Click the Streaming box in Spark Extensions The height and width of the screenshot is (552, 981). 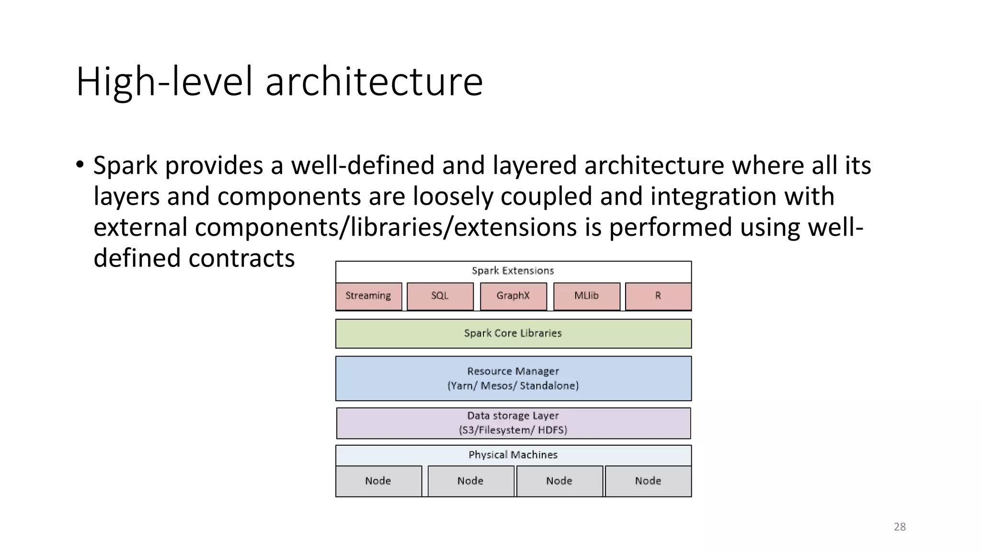point(368,296)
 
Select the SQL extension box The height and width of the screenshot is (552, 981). point(440,296)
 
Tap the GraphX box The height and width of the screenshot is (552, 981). point(513,296)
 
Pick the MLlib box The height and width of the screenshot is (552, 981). point(586,296)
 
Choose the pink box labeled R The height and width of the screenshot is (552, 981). point(658,296)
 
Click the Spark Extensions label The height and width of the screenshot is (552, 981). point(513,271)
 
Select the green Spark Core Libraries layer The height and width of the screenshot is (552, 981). point(513,333)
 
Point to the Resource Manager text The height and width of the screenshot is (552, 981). point(513,371)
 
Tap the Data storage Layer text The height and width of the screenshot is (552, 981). point(513,416)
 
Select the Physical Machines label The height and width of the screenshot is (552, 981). point(513,455)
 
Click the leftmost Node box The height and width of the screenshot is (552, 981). point(378,481)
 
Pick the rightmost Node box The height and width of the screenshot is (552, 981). point(648,481)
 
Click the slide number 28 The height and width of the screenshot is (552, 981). point(900,527)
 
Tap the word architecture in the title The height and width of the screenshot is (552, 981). point(374,81)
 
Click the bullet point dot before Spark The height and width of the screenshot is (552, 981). point(80,165)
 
